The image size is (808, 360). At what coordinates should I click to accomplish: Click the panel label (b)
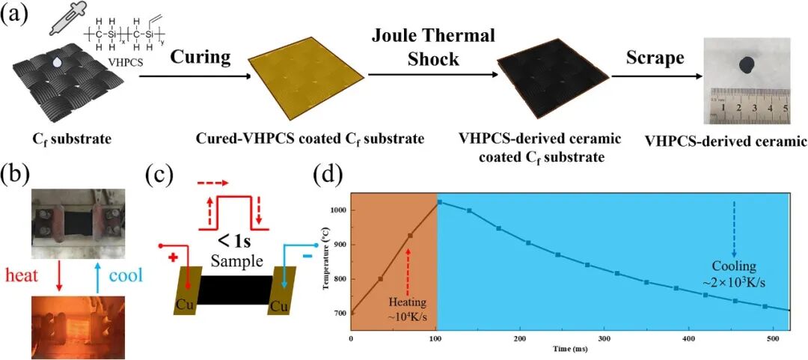tap(17, 177)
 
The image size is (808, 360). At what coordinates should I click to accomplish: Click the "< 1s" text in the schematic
tap(235, 242)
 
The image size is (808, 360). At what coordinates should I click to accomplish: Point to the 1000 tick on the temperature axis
tap(337, 211)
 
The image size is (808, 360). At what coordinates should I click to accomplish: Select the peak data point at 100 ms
tap(439, 202)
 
